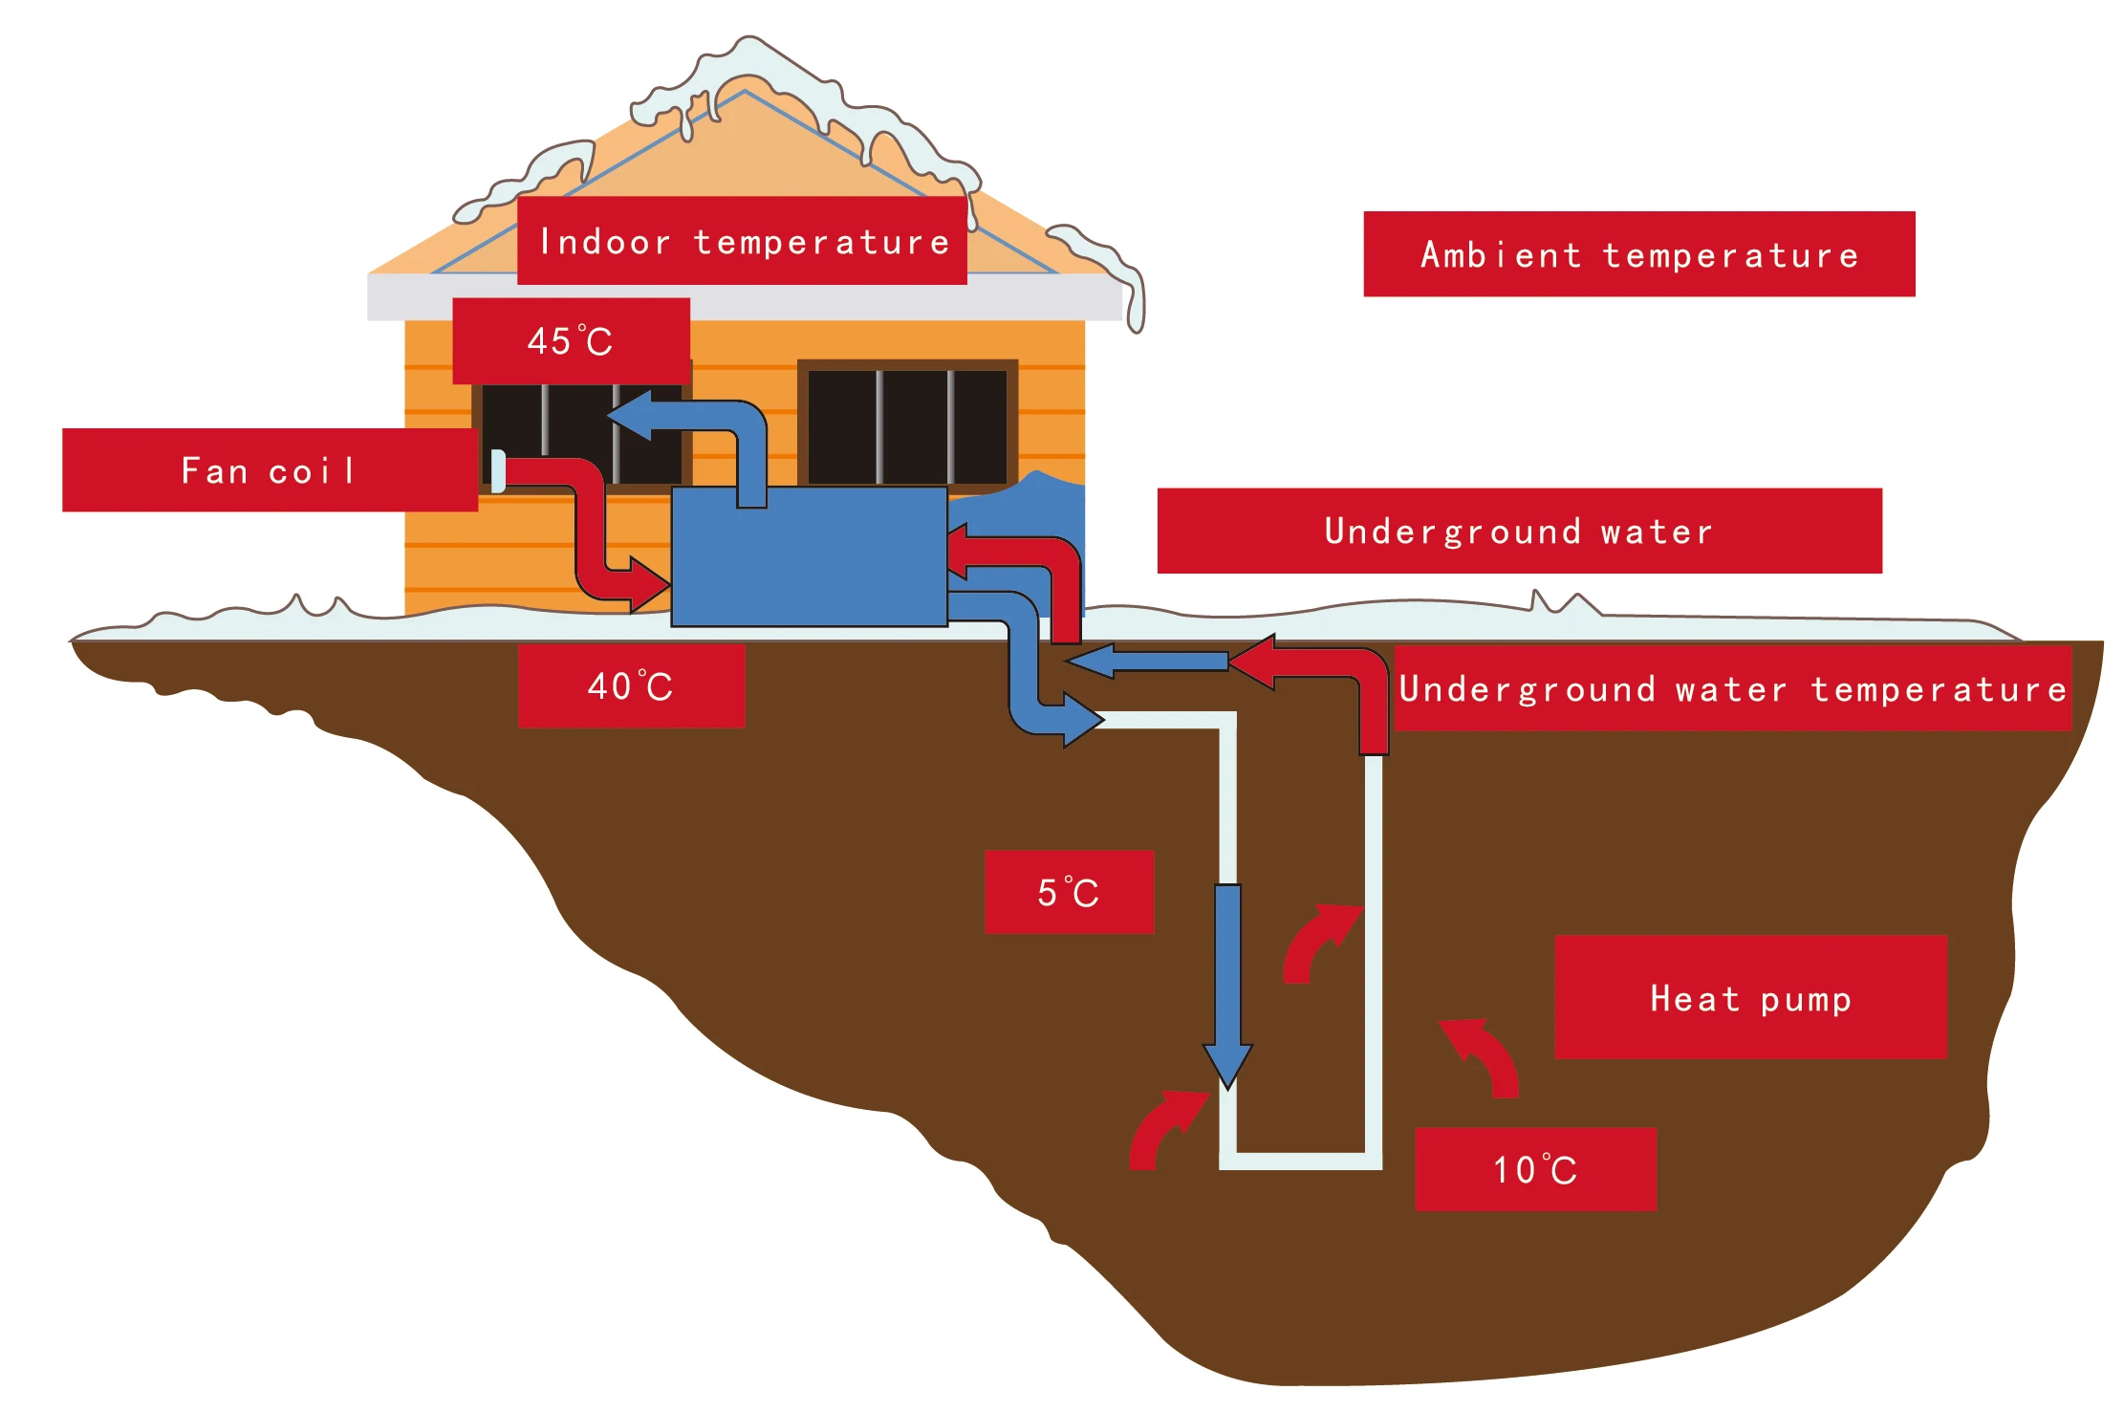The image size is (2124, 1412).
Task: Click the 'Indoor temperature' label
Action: click(742, 241)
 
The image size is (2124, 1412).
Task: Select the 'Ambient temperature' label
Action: click(1638, 254)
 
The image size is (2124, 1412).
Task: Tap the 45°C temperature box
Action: click(571, 341)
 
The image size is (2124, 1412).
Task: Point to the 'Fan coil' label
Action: click(270, 470)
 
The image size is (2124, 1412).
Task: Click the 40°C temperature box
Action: click(631, 686)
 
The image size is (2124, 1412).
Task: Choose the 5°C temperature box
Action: click(1069, 892)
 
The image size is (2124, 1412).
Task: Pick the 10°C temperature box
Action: click(1535, 1169)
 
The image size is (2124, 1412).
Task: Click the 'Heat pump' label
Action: click(1750, 997)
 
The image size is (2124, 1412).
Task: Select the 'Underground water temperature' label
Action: click(1732, 689)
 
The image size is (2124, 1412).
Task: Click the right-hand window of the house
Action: click(907, 425)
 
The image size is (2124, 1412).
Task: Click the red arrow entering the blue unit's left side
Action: click(612, 564)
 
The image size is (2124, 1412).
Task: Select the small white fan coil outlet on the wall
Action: click(498, 471)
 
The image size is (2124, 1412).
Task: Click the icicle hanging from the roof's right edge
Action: click(1135, 306)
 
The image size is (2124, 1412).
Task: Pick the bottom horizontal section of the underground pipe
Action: click(1300, 1161)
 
